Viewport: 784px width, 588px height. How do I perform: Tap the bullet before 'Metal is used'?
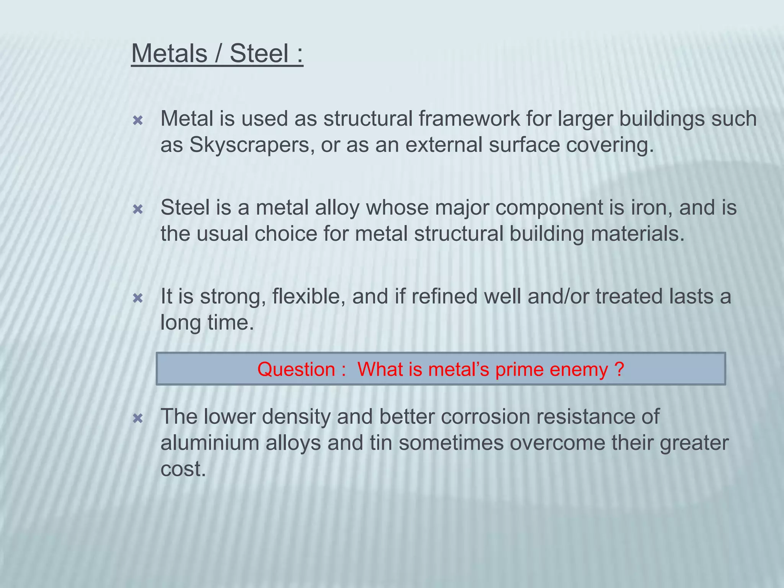pos(138,121)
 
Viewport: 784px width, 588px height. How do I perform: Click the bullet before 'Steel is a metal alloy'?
pos(138,209)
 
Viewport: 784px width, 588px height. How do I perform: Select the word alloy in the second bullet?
pos(337,208)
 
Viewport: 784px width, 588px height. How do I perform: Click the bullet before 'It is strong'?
pos(138,298)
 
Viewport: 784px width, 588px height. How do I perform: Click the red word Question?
pos(296,369)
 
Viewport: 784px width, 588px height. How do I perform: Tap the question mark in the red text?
pos(619,369)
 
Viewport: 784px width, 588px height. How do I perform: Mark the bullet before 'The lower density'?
pos(138,418)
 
